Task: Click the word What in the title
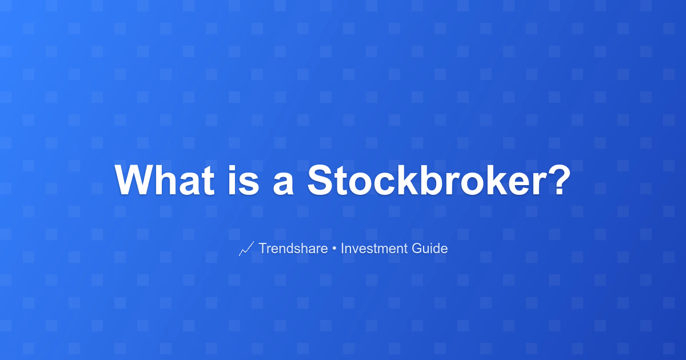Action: pyautogui.click(x=165, y=180)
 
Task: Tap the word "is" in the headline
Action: pyautogui.click(x=244, y=180)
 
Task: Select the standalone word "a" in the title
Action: pyautogui.click(x=284, y=184)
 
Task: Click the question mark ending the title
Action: pyautogui.click(x=559, y=180)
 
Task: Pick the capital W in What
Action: pyautogui.click(x=135, y=180)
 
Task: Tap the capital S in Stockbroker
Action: pyautogui.click(x=321, y=180)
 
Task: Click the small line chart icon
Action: pyautogui.click(x=246, y=249)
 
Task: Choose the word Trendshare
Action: pyautogui.click(x=293, y=248)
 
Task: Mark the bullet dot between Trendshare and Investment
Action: pyautogui.click(x=334, y=249)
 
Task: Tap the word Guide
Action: pyautogui.click(x=430, y=248)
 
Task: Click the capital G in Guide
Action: pyautogui.click(x=417, y=248)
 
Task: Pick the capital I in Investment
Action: pyautogui.click(x=342, y=248)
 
